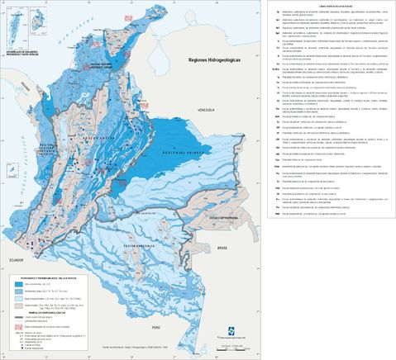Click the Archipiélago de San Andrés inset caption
coord(24,44)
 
